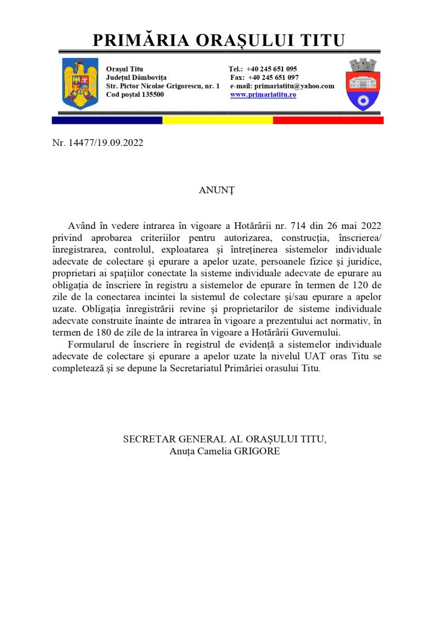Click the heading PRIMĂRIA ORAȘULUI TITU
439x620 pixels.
point(219,41)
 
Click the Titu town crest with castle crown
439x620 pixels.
point(363,84)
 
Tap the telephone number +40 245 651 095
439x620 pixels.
point(272,69)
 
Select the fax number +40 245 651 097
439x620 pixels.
point(273,77)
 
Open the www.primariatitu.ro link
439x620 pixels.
point(263,95)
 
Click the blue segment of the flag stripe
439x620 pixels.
point(107,120)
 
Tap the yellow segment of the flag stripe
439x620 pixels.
point(218,120)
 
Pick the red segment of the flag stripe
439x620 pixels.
point(328,120)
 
